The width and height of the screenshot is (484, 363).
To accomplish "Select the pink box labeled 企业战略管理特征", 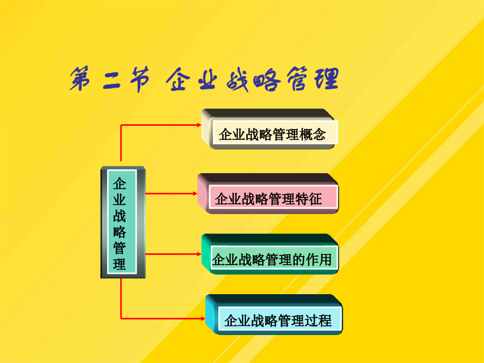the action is (x=268, y=194).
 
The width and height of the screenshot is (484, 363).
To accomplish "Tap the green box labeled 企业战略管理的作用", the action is (x=270, y=254).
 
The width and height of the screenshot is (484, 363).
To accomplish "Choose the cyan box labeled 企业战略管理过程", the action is (x=274, y=315).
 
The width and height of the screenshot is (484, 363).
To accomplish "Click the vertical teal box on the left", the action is (x=123, y=222).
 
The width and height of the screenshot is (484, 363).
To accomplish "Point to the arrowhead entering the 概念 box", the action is (x=199, y=125).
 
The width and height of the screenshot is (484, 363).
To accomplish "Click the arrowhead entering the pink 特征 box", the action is (x=195, y=194).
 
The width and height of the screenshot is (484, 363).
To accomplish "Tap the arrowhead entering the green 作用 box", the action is (x=199, y=254).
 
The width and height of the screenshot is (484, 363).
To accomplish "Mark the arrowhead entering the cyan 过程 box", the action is (x=203, y=318).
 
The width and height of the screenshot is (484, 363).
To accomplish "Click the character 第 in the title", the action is (x=80, y=79).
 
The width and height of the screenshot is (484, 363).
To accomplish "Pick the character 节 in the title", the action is (x=139, y=80).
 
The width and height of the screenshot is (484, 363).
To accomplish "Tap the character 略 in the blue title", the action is (x=267, y=80).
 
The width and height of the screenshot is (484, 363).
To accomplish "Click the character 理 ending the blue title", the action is (x=326, y=79).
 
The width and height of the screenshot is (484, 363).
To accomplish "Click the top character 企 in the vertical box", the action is (x=119, y=184).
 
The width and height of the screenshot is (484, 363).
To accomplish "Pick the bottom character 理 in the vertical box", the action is (x=119, y=264).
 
